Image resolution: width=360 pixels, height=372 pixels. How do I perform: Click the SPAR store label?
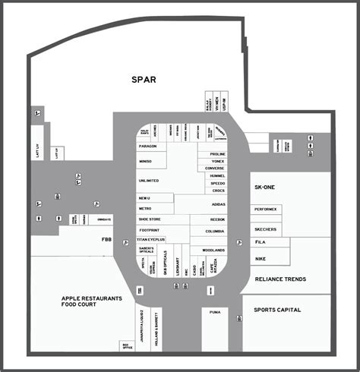click(144, 79)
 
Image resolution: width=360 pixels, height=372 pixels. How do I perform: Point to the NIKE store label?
click(261, 258)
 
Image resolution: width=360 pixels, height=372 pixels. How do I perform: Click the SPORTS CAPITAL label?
click(277, 310)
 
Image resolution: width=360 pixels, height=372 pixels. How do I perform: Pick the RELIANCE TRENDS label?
click(280, 279)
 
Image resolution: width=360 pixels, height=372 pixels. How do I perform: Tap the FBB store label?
click(106, 239)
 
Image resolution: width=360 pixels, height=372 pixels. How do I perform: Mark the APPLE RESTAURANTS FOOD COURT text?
click(91, 302)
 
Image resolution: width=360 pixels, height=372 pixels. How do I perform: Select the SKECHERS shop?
click(266, 229)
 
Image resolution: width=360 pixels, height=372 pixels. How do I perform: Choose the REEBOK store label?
click(217, 219)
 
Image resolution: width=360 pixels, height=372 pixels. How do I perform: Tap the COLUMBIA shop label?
click(214, 232)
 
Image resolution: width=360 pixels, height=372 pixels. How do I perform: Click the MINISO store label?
click(147, 162)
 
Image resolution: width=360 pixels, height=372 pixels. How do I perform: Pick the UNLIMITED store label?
click(149, 181)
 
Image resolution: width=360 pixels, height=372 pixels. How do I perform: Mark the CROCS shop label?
click(217, 191)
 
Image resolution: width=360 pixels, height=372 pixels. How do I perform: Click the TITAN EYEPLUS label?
click(152, 239)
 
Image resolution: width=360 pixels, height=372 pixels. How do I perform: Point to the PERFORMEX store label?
click(267, 209)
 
